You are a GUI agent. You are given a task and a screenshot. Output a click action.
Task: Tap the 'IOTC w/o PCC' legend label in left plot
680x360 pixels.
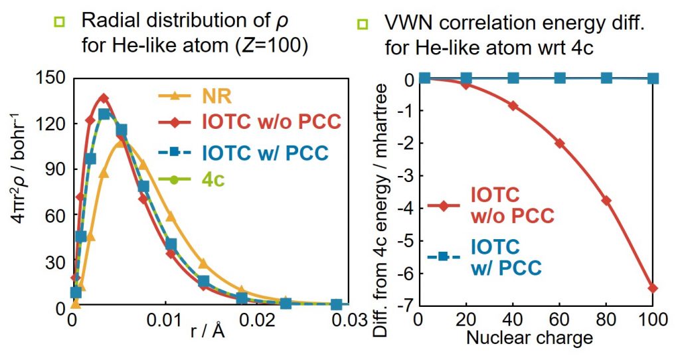(x=272, y=123)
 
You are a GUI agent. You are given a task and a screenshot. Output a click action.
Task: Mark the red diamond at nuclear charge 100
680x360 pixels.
(x=653, y=288)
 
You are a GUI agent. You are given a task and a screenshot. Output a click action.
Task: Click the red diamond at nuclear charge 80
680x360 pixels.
(x=606, y=201)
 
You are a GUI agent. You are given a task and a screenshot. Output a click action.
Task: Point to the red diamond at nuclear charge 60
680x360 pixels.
(x=559, y=143)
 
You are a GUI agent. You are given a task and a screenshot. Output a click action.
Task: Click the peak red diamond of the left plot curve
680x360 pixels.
(x=104, y=98)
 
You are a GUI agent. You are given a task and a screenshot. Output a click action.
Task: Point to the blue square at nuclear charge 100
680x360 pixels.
(x=653, y=78)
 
